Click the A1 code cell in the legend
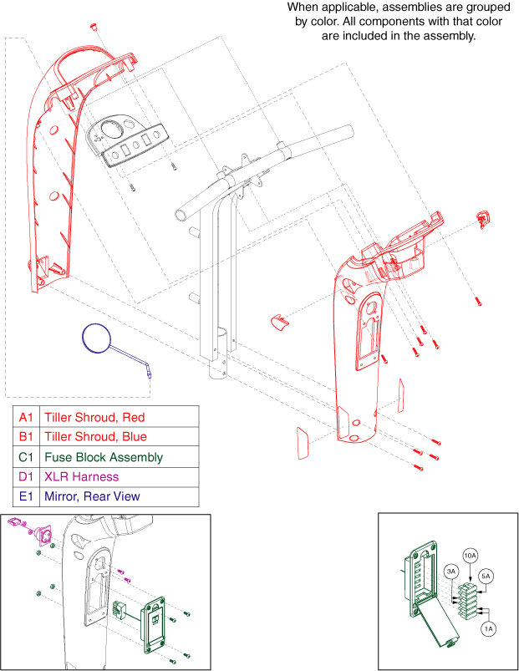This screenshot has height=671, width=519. tap(27, 416)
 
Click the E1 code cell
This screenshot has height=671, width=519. tap(27, 496)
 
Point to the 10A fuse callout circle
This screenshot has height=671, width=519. tap(471, 555)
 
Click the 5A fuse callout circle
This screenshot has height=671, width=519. tap(486, 576)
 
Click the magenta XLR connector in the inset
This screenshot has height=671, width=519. tap(34, 530)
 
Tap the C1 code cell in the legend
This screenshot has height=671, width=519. tap(27, 457)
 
